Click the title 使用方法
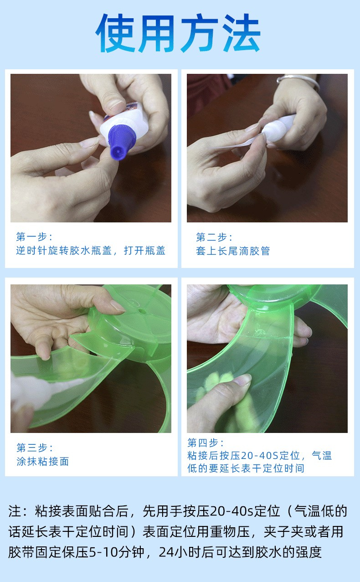178,33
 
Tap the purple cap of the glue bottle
121,142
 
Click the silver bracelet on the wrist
298,81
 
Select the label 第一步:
34,237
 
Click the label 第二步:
214,237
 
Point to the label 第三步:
35,448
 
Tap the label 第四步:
206,443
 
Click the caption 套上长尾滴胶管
233,251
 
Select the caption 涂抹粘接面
43,461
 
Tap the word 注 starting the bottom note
15,511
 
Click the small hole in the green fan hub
142,311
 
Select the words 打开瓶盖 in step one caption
144,251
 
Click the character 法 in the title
241,33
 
